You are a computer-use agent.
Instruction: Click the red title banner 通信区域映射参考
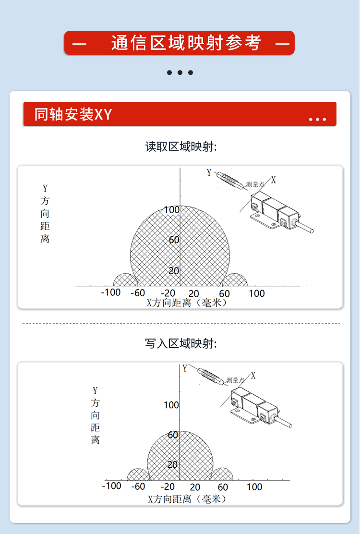pyautogui.click(x=180, y=43)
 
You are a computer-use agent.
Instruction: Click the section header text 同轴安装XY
pyautogui.click(x=73, y=114)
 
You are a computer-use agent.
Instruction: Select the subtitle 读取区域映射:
pyautogui.click(x=180, y=147)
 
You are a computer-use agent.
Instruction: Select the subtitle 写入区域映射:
pyautogui.click(x=180, y=343)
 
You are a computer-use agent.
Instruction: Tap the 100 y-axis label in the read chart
pyautogui.click(x=171, y=210)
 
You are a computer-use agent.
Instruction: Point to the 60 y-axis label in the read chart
pyautogui.click(x=174, y=240)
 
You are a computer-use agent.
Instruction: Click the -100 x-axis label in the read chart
pyautogui.click(x=111, y=292)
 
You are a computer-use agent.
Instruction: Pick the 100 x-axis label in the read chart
pyautogui.click(x=256, y=293)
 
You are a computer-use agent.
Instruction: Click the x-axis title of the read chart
pyautogui.click(x=187, y=303)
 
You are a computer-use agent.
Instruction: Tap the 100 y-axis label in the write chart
pyautogui.click(x=171, y=405)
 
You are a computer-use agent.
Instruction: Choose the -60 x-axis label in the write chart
pyautogui.click(x=138, y=486)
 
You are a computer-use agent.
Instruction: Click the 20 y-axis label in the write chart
pyautogui.click(x=172, y=464)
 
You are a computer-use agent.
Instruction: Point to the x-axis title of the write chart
pyautogui.click(x=188, y=499)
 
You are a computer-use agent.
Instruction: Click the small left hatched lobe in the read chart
pyautogui.click(x=125, y=280)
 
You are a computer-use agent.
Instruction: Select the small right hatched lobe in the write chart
pyautogui.click(x=222, y=475)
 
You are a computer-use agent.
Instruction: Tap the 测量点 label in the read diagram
pyautogui.click(x=255, y=184)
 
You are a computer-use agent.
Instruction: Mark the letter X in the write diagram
pyautogui.click(x=253, y=376)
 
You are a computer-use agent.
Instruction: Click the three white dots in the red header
pyautogui.click(x=317, y=119)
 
